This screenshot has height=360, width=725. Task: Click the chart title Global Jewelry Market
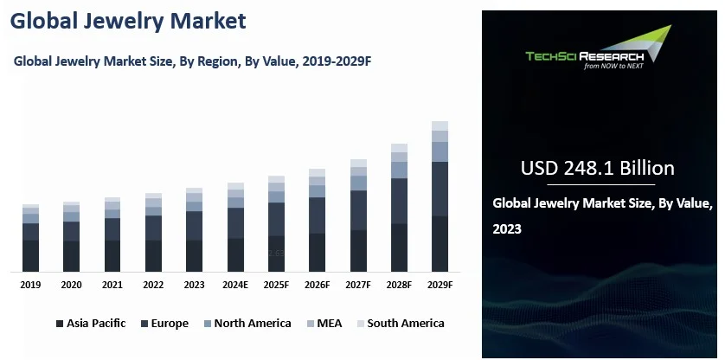129,21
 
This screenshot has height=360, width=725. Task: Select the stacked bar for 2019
31,238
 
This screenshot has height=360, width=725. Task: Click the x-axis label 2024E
235,285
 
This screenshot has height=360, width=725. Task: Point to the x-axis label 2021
112,285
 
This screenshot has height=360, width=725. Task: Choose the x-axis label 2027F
358,285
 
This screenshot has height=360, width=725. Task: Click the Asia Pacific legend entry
91,324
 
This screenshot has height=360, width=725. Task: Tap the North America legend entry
246,324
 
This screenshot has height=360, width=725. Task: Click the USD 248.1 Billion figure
598,168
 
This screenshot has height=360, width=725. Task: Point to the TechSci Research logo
597,50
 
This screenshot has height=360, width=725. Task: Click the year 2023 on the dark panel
507,230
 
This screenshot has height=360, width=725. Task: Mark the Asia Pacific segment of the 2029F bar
440,243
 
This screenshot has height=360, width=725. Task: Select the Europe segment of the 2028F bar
399,201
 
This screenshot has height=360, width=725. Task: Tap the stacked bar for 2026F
318,220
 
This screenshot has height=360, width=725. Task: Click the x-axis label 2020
72,285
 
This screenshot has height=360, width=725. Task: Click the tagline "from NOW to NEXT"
615,65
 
